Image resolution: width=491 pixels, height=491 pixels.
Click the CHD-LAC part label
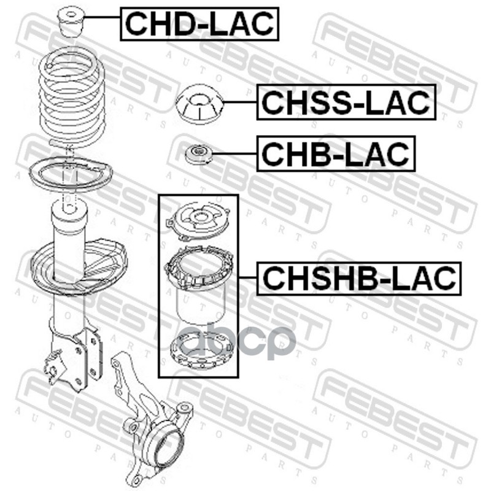pyautogui.click(x=199, y=24)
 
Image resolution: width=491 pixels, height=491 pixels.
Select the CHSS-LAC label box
pyautogui.click(x=346, y=102)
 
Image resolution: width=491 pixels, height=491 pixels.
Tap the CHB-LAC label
pyautogui.click(x=336, y=153)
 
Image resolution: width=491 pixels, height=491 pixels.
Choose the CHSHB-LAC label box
pyautogui.click(x=359, y=279)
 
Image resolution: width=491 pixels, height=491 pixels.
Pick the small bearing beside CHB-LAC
pyautogui.click(x=198, y=154)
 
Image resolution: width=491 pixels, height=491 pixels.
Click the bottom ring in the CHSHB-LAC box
pyautogui.click(x=202, y=350)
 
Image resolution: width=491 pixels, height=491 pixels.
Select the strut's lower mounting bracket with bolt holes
pyautogui.click(x=74, y=357)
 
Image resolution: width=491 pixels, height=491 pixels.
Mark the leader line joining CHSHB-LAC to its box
pyautogui.click(x=248, y=278)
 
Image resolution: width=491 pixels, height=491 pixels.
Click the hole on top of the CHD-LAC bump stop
pyautogui.click(x=71, y=14)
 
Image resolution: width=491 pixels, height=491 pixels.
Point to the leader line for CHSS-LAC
pyautogui.click(x=240, y=102)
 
